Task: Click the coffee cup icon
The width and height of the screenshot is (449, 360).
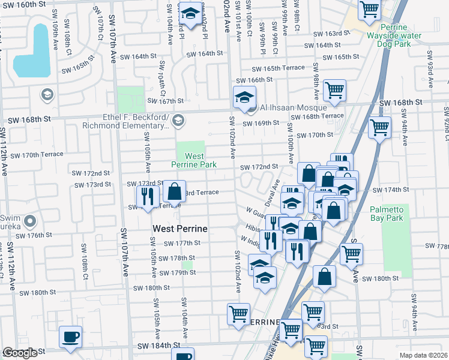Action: point(70,337)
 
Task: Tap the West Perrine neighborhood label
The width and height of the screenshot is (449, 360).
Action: point(180,229)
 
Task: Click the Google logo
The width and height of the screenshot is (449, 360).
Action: point(19,353)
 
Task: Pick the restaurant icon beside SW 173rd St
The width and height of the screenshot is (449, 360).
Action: point(146,195)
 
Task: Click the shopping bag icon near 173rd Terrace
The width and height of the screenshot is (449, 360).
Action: point(174,191)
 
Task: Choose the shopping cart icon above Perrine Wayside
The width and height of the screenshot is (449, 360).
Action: point(369,9)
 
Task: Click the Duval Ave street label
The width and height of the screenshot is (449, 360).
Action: point(273,190)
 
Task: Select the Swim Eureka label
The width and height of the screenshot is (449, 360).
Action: point(10,221)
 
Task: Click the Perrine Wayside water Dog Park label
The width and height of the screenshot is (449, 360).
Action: point(400,35)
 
